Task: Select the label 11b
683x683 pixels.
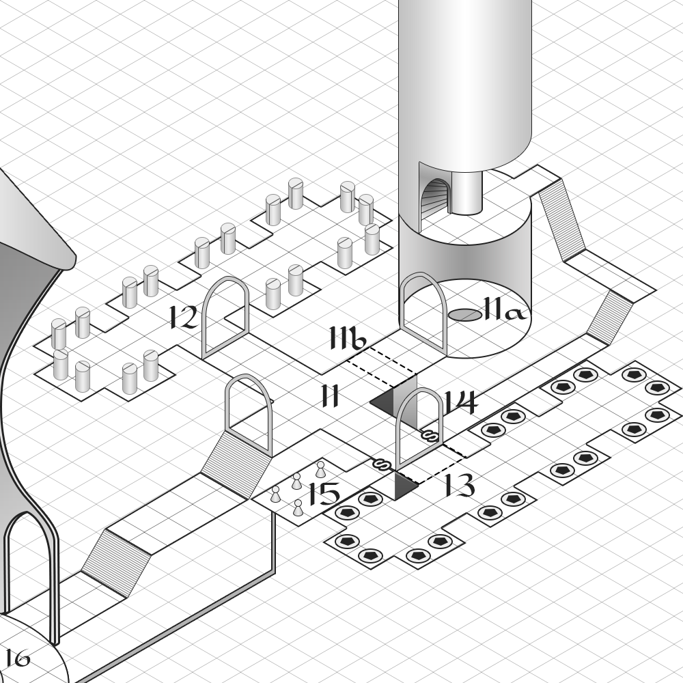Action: click(x=349, y=337)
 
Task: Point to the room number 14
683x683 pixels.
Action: click(x=460, y=402)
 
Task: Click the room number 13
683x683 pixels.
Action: click(x=459, y=486)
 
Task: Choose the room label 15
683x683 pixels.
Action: click(x=323, y=494)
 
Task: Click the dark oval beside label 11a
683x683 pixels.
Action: click(x=465, y=314)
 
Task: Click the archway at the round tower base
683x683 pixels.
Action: click(x=423, y=311)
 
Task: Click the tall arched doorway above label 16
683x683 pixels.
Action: click(x=31, y=574)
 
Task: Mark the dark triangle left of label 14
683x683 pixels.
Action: click(x=384, y=400)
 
